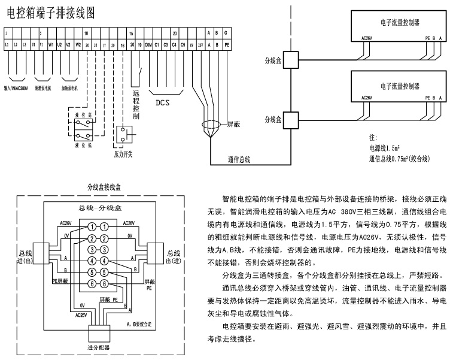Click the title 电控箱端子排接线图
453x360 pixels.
click(50, 12)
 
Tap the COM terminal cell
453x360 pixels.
click(147, 44)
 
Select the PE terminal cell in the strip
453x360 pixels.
click(226, 44)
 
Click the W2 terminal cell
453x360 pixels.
click(77, 44)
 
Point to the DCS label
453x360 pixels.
click(162, 102)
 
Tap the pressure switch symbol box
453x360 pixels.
click(124, 135)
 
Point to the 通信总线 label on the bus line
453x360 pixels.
click(239, 159)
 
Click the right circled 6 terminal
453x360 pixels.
click(104, 284)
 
